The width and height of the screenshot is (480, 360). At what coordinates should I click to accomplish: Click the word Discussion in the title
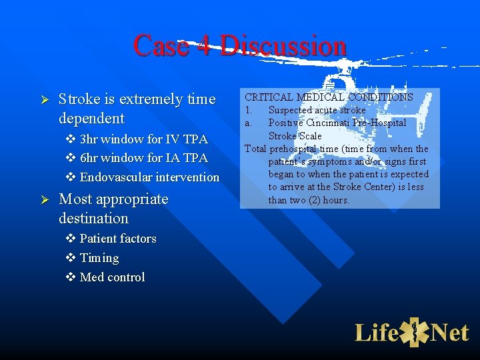[x=283, y=46]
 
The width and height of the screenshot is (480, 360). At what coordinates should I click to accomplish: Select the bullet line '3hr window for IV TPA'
[x=143, y=139]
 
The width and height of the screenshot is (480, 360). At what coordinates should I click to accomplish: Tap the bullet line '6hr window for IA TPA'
[x=143, y=158]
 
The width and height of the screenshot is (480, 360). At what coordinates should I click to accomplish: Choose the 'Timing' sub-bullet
[x=99, y=258]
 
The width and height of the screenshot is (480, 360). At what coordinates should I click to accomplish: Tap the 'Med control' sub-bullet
[x=111, y=277]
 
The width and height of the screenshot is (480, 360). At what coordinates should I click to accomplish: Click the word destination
[x=93, y=219]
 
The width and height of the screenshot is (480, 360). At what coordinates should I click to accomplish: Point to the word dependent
[x=91, y=119]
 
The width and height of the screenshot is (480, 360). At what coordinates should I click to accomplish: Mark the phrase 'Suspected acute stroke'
[x=317, y=110]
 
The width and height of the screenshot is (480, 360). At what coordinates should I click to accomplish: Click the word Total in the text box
[x=255, y=149]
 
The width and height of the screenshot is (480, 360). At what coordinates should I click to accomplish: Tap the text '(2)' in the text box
[x=309, y=200]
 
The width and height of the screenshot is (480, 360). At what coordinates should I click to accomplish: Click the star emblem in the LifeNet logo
[x=414, y=332]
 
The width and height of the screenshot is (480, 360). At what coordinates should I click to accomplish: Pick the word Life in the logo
[x=377, y=332]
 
